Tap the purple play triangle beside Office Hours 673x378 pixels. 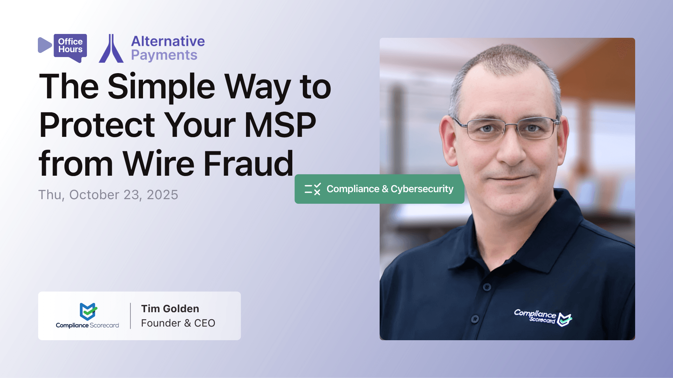[44, 45]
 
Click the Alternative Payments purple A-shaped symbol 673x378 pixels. [111, 49]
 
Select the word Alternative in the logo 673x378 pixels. [168, 41]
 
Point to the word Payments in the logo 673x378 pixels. [164, 55]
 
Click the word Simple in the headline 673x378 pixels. [161, 87]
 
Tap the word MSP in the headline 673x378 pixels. [280, 125]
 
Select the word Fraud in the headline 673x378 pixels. [248, 164]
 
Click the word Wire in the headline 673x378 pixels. [158, 164]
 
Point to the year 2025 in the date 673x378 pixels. [162, 195]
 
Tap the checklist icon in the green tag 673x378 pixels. [313, 189]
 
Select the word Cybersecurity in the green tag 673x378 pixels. [422, 189]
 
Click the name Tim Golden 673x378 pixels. [170, 309]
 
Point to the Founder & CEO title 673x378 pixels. [178, 323]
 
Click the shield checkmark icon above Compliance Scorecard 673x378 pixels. [88, 311]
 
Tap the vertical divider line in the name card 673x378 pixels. [130, 316]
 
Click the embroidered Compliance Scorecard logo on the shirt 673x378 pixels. [543, 317]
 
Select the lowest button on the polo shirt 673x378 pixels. [475, 319]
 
